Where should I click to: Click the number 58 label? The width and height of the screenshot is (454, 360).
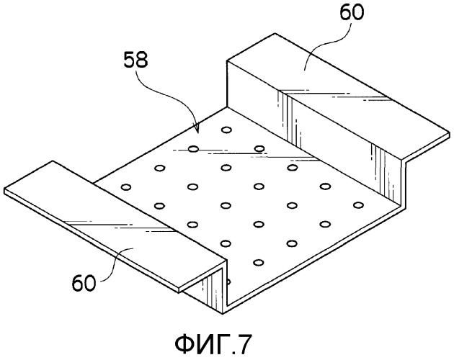[135, 60]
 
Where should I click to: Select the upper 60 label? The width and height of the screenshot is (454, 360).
[351, 13]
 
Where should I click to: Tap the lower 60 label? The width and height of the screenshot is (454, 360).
[84, 283]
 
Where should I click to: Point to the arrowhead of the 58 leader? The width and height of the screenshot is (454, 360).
[197, 130]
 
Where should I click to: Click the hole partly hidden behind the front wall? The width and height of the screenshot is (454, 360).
[228, 282]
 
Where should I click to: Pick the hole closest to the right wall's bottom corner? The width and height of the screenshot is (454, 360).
[358, 205]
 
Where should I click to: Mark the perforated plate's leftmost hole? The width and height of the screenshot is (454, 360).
[126, 187]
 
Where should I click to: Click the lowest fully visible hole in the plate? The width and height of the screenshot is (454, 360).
[258, 263]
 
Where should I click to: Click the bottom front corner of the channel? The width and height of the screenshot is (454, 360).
[223, 314]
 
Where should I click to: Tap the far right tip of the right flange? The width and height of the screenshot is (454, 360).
[450, 134]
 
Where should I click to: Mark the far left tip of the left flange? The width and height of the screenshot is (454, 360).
[4, 192]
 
